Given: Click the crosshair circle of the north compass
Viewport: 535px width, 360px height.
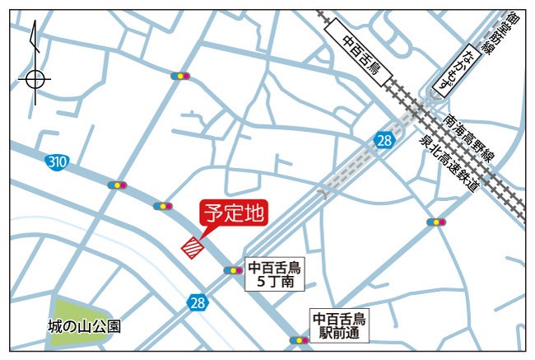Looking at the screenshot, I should coord(34,79).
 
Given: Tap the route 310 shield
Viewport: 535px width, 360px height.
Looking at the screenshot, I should coord(57,161).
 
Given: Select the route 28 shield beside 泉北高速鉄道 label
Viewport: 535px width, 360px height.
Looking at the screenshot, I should coord(384,141).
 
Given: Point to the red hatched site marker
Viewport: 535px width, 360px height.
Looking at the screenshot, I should coord(193,247).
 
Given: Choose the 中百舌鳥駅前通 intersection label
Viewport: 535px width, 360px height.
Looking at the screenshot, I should coord(341,325).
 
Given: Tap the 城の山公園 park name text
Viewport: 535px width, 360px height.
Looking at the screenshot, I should coord(84,326).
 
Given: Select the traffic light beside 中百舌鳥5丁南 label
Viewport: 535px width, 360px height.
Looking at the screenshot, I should coord(232,269).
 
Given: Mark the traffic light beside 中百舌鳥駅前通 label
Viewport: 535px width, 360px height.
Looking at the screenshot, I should coord(298,339).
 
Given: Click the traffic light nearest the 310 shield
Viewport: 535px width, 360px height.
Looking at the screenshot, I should coord(118,185).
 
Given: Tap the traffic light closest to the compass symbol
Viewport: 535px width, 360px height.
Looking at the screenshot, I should coord(179,76).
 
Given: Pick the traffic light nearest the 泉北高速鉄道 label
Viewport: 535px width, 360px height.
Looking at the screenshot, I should coord(436,222).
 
